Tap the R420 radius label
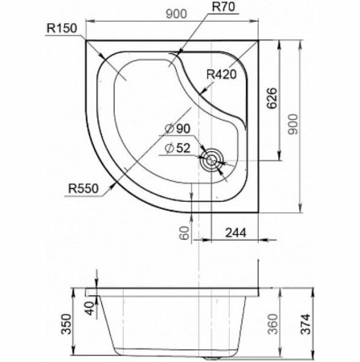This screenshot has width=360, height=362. coord(223,76)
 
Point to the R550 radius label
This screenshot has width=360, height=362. coord(84,190)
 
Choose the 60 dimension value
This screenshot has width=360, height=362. coord(184,232)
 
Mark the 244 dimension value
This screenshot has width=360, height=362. coord(235,233)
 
